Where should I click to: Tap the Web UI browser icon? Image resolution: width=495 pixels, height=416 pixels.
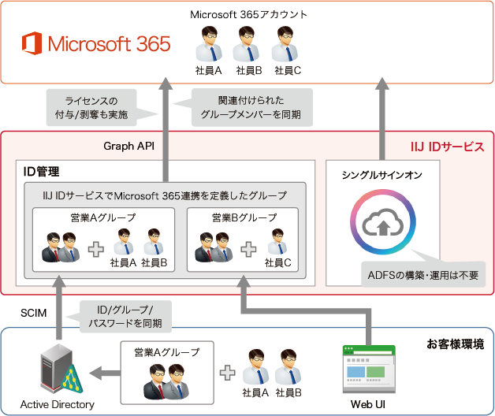(x=367, y=370)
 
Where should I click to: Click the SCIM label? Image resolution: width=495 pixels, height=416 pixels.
(x=35, y=313)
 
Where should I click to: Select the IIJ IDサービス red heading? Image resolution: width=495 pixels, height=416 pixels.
(x=447, y=147)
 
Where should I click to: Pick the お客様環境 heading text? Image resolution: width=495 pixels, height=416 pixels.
(x=455, y=344)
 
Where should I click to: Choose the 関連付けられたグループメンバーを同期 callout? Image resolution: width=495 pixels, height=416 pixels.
(x=246, y=108)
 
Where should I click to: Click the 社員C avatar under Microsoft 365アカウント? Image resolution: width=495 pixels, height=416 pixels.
(x=285, y=45)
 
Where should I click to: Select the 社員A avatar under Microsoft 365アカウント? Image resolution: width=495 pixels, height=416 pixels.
(x=209, y=45)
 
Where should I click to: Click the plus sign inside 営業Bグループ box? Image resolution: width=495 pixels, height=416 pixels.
(x=249, y=249)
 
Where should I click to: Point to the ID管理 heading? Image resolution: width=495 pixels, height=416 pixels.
(x=43, y=171)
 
